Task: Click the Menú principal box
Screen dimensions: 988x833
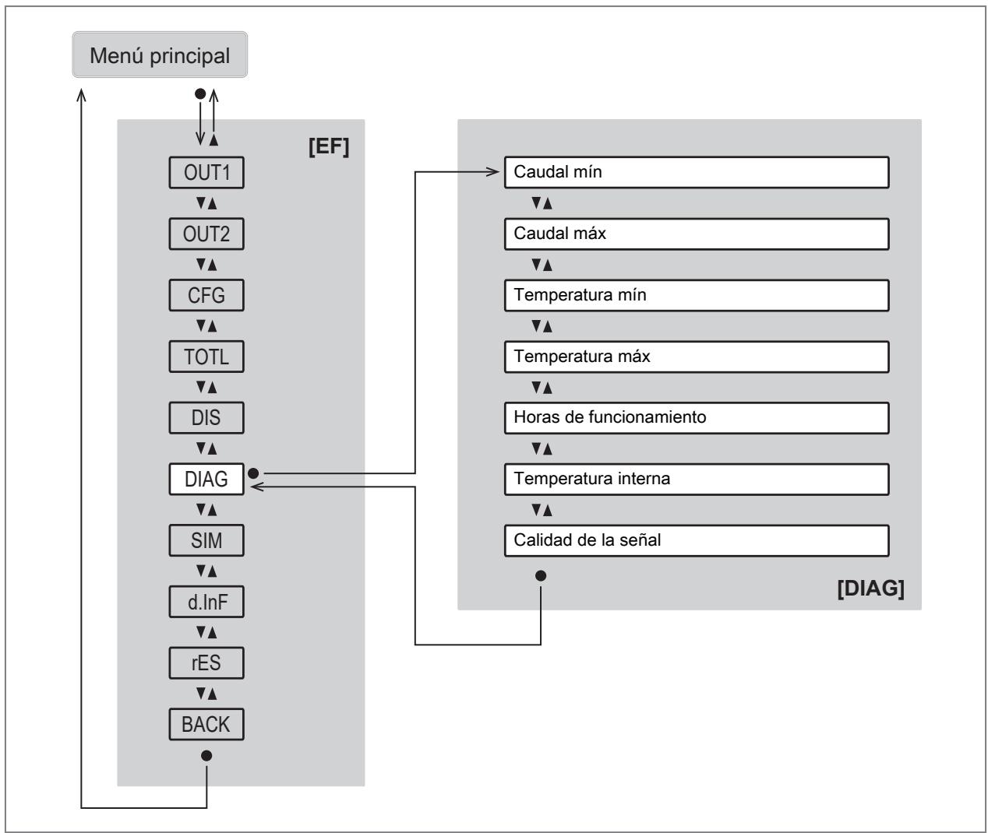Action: click(x=160, y=54)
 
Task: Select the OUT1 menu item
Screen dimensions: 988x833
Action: click(x=206, y=173)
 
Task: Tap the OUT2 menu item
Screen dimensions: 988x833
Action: click(x=206, y=234)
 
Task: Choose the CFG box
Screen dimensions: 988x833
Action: click(x=206, y=296)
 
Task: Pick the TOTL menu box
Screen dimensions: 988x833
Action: click(x=206, y=357)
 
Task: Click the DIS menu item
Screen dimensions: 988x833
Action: click(x=206, y=418)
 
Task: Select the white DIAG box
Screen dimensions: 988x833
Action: click(x=206, y=480)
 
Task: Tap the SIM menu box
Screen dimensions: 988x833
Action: click(x=206, y=540)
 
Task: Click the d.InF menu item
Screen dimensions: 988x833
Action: click(x=206, y=602)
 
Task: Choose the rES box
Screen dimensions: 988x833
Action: click(x=206, y=663)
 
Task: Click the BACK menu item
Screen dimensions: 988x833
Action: click(x=206, y=724)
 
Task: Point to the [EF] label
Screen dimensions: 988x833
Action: click(x=329, y=146)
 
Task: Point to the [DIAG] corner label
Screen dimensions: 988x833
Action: click(x=870, y=589)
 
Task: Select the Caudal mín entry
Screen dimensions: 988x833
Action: click(x=697, y=172)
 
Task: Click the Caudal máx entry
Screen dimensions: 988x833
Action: click(x=697, y=234)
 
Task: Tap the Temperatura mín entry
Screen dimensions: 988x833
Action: click(x=697, y=296)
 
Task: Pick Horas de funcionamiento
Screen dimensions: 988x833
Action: click(x=697, y=418)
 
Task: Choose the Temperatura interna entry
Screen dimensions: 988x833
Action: click(x=697, y=480)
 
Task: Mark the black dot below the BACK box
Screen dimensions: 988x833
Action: click(x=206, y=756)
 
